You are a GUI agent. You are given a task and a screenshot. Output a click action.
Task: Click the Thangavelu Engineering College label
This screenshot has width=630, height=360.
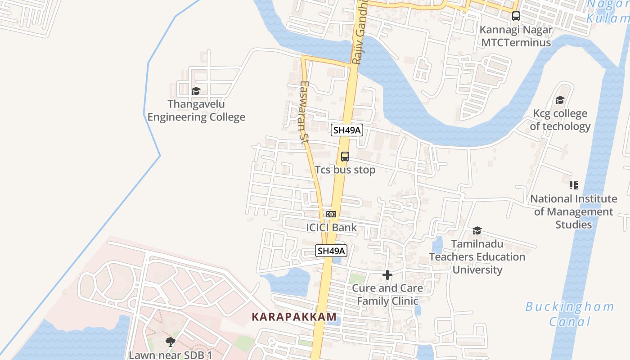click(196, 111)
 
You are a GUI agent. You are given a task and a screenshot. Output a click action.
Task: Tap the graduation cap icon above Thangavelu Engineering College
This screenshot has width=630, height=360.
click(196, 91)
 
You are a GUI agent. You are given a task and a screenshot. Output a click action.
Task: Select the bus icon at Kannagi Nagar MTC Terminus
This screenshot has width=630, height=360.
click(516, 16)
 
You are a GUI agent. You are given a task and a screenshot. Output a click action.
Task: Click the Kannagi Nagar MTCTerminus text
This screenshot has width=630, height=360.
click(516, 36)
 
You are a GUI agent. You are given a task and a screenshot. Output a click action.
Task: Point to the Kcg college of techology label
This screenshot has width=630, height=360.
click(560, 120)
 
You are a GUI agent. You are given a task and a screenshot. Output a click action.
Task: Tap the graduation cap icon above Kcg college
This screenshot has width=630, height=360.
click(560, 100)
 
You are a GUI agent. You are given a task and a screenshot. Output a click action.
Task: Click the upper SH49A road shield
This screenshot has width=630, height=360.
click(347, 130)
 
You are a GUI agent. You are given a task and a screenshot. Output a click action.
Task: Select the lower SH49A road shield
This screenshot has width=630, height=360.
click(331, 251)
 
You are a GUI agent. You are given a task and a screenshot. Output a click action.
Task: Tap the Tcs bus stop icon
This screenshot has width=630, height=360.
click(345, 157)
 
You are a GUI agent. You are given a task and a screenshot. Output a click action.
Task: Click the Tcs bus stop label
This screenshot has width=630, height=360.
click(345, 170)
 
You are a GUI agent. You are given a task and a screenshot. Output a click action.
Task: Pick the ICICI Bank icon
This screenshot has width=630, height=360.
click(331, 214)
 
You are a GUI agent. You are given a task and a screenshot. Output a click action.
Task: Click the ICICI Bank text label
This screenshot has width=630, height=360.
click(331, 228)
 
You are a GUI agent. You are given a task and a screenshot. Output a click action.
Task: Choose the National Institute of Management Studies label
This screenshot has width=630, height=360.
click(573, 211)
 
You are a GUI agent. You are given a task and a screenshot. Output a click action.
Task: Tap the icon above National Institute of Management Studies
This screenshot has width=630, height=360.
click(573, 185)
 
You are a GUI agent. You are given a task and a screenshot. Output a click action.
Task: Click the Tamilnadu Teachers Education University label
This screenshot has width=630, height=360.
click(477, 257)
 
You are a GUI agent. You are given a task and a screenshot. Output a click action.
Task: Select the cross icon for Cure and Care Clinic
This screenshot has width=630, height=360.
click(387, 275)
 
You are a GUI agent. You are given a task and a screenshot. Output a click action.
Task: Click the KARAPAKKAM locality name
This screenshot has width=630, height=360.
click(294, 317)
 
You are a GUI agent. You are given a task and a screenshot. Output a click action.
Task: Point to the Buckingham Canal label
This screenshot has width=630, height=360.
click(570, 314)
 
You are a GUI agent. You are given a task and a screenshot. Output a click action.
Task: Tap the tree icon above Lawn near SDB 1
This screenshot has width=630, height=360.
click(170, 342)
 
